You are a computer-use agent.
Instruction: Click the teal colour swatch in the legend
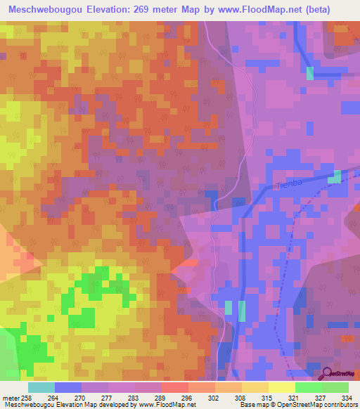click(41, 387)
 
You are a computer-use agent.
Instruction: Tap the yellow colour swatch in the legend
click(282, 387)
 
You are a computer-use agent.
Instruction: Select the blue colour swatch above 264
click(68, 387)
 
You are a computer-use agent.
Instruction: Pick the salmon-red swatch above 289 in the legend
click(175, 387)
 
